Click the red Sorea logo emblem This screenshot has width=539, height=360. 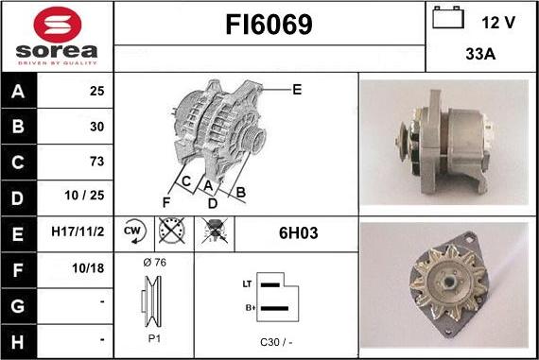coord(58,25)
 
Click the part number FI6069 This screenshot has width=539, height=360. coord(269,25)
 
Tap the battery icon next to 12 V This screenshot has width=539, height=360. coord(448,18)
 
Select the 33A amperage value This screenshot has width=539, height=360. coord(480,54)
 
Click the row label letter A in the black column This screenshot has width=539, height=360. coord(18,92)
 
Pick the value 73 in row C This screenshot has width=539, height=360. coord(96,162)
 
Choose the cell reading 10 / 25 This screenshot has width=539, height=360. coord(84,195)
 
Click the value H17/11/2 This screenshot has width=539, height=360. coord(78,231)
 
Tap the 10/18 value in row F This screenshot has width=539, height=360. coord(88,268)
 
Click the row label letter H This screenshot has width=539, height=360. coord(18,342)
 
